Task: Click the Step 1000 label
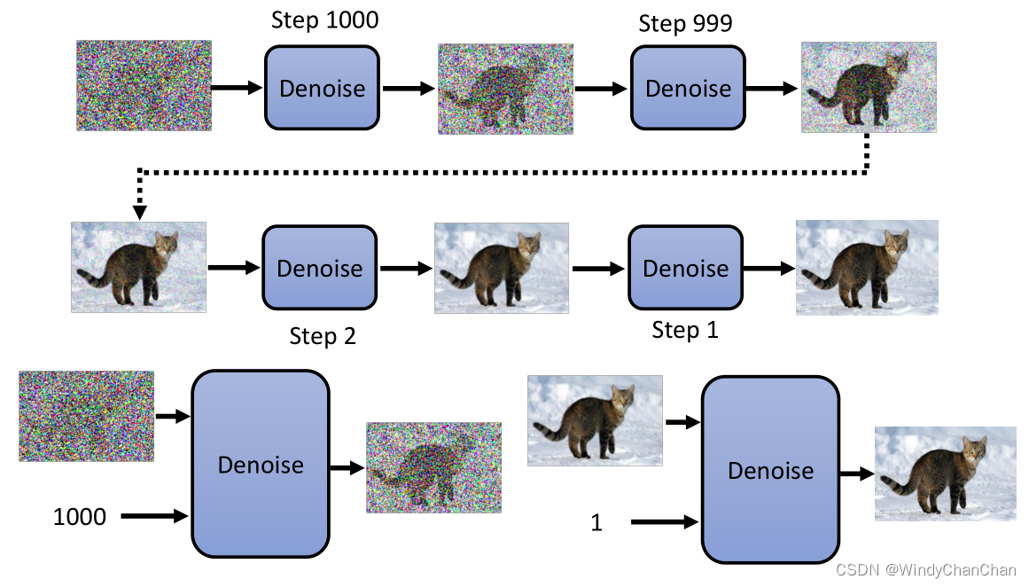[x=324, y=20]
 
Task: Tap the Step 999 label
[x=685, y=23]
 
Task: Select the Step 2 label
[x=323, y=337]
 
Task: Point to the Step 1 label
[x=685, y=330]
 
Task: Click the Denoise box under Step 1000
[x=322, y=88]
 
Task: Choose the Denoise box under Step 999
[x=688, y=88]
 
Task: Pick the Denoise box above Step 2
[x=319, y=268]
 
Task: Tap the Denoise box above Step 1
[x=685, y=268]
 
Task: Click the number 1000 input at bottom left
[x=79, y=516]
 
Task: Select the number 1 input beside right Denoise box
[x=596, y=523]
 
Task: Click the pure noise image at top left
[x=144, y=85]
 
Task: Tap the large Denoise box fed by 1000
[x=261, y=464]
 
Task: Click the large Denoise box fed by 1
[x=770, y=470]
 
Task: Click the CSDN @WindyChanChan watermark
[x=926, y=570]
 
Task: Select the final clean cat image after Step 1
[x=866, y=267]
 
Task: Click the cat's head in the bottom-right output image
[x=974, y=452]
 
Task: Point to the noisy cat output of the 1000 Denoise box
[x=433, y=467]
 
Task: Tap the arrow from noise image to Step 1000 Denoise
[x=238, y=88]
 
